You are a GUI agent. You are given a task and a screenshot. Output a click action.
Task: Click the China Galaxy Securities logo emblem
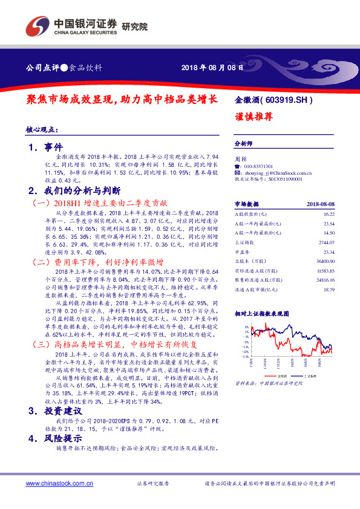(x=36, y=27)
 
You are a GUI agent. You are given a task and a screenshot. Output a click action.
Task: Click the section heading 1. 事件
(x=45, y=147)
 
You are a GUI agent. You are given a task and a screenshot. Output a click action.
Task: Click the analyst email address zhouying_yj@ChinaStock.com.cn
(x=277, y=172)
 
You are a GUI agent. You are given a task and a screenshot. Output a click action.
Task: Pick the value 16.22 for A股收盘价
(x=329, y=214)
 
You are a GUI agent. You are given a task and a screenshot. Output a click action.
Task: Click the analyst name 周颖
(x=240, y=158)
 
